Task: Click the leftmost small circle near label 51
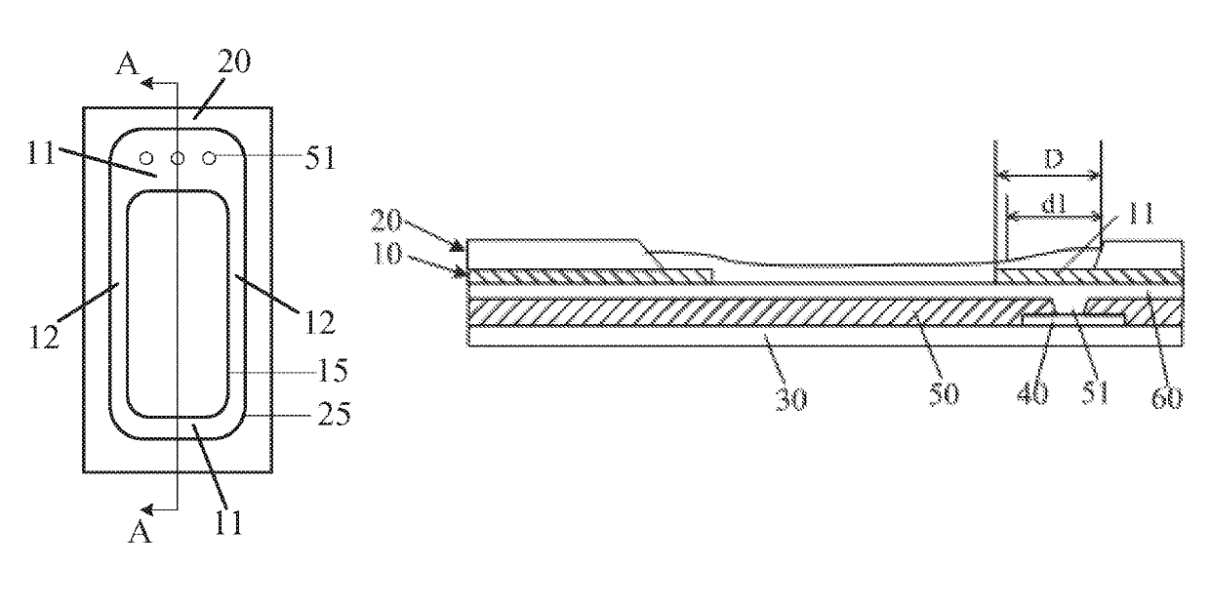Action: (x=146, y=158)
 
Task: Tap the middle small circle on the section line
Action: (x=178, y=158)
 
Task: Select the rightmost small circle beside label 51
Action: (x=209, y=158)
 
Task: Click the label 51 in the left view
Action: (x=320, y=158)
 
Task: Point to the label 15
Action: (x=332, y=371)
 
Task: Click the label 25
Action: (x=334, y=414)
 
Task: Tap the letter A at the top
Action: (x=128, y=64)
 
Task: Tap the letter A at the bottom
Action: (x=140, y=531)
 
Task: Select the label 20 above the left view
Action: (x=234, y=61)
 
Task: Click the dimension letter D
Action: (x=1053, y=159)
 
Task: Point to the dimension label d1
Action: (x=1053, y=204)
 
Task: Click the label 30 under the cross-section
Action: (x=791, y=399)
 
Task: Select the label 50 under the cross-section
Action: (x=944, y=393)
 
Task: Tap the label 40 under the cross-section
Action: (x=1032, y=393)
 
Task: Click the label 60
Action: (x=1167, y=398)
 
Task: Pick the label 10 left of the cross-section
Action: (x=386, y=253)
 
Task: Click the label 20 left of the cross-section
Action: (x=386, y=220)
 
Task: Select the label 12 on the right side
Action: (x=320, y=323)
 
